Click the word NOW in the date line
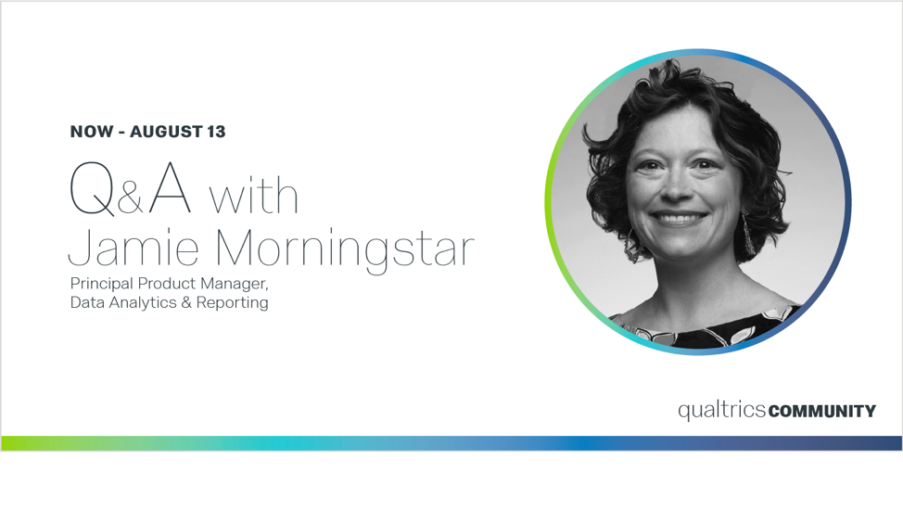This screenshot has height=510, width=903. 92,132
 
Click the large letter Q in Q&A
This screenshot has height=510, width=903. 92,189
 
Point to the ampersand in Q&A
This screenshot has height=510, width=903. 130,198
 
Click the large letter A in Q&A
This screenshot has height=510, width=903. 170,187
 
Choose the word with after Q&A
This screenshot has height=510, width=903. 253,194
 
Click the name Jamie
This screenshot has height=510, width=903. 134,248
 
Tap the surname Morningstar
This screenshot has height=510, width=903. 344,249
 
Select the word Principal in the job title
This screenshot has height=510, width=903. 102,284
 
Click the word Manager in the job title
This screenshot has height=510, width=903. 235,284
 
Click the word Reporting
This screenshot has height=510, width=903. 232,303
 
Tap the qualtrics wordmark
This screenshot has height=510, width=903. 721,411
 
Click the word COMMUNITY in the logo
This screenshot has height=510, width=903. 821,411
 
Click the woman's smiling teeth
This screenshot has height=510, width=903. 680,219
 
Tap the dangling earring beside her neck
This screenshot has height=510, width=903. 748,236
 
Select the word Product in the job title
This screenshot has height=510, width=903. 167,284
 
